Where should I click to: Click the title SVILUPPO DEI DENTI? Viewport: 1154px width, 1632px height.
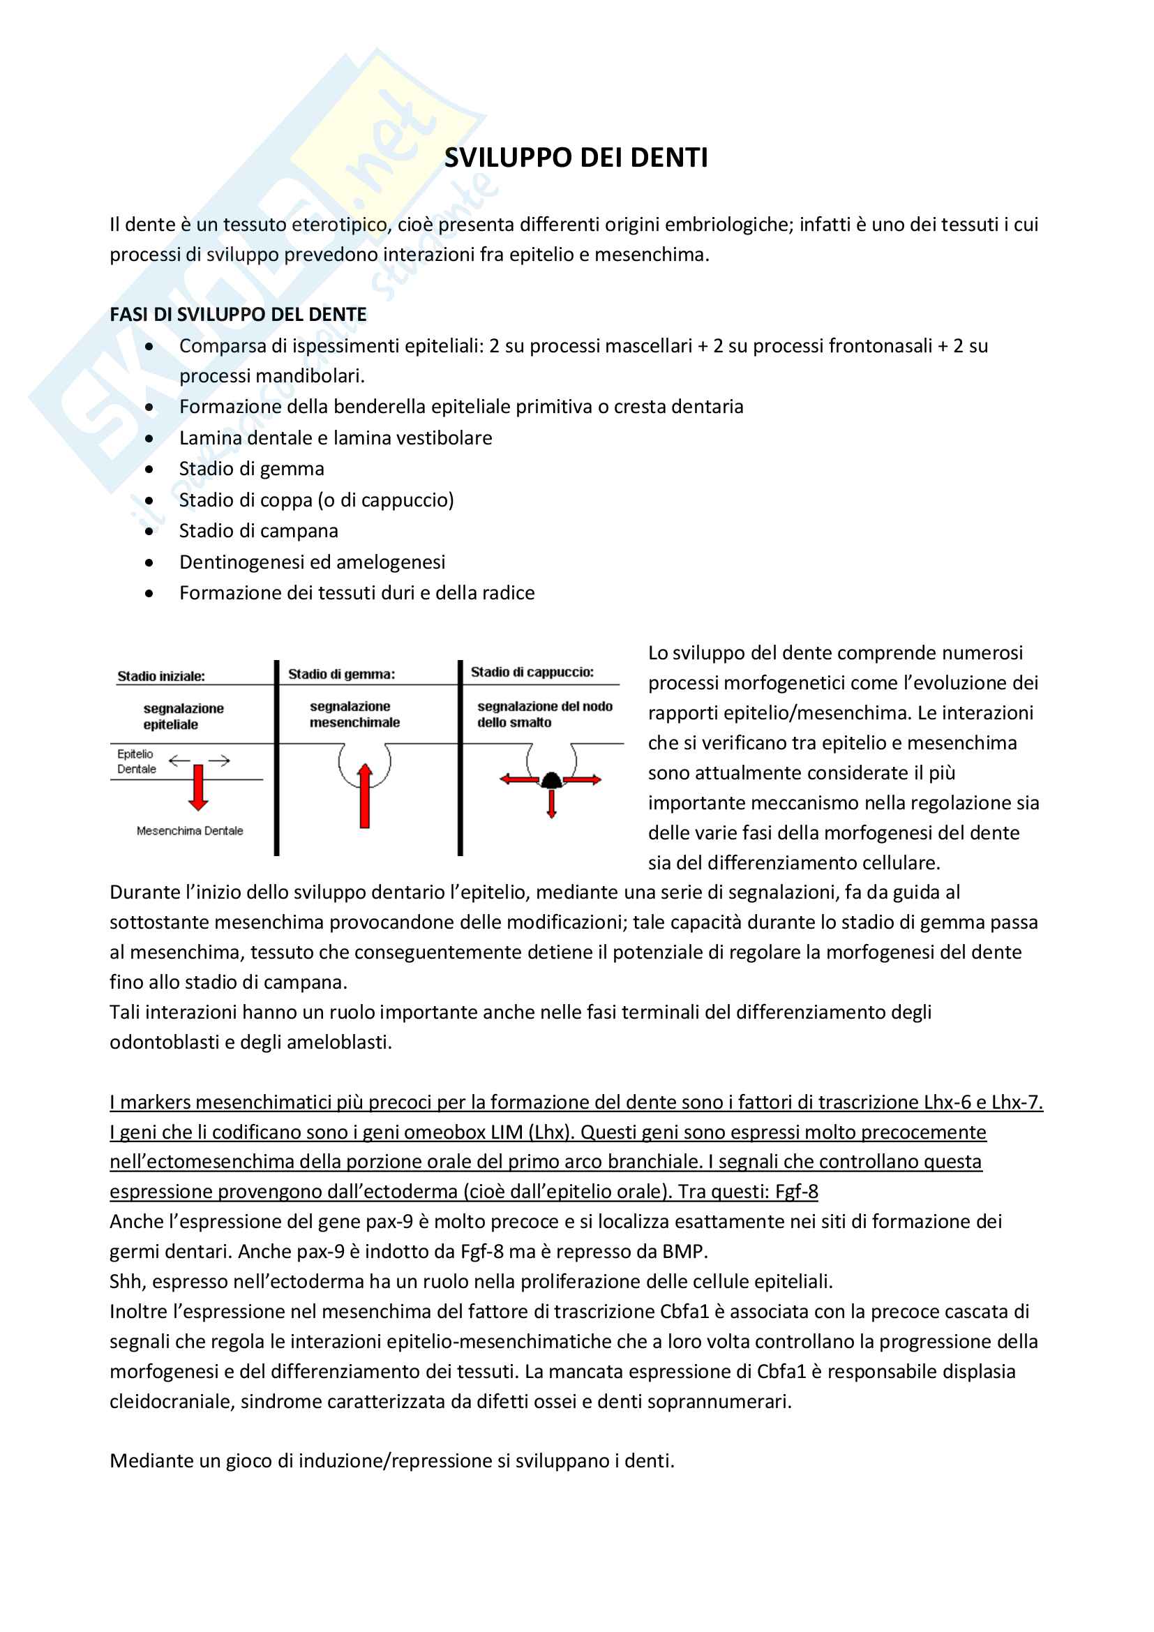pyautogui.click(x=576, y=158)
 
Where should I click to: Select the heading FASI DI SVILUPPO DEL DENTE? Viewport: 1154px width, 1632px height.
pyautogui.click(x=238, y=314)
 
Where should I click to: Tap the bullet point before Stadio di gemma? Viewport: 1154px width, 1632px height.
pyautogui.click(x=149, y=469)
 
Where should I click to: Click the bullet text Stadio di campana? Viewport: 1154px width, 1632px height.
pyautogui.click(x=258, y=531)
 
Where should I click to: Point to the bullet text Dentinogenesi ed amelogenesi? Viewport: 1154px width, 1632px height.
pyautogui.click(x=312, y=562)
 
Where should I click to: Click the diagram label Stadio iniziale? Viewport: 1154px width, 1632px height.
pyautogui.click(x=161, y=676)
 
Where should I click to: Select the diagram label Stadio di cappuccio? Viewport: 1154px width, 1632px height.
pyautogui.click(x=532, y=672)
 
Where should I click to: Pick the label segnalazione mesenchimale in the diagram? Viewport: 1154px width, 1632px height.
pyautogui.click(x=354, y=714)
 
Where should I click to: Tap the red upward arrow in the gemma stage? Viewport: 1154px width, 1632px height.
pyautogui.click(x=364, y=796)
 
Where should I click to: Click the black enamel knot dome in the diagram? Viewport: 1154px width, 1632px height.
pyautogui.click(x=551, y=781)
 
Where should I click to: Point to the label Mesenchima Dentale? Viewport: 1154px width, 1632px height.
pyautogui.click(x=190, y=831)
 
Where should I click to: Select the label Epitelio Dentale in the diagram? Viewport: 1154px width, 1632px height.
pyautogui.click(x=137, y=761)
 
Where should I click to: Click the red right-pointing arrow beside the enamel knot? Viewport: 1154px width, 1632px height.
pyautogui.click(x=583, y=780)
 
